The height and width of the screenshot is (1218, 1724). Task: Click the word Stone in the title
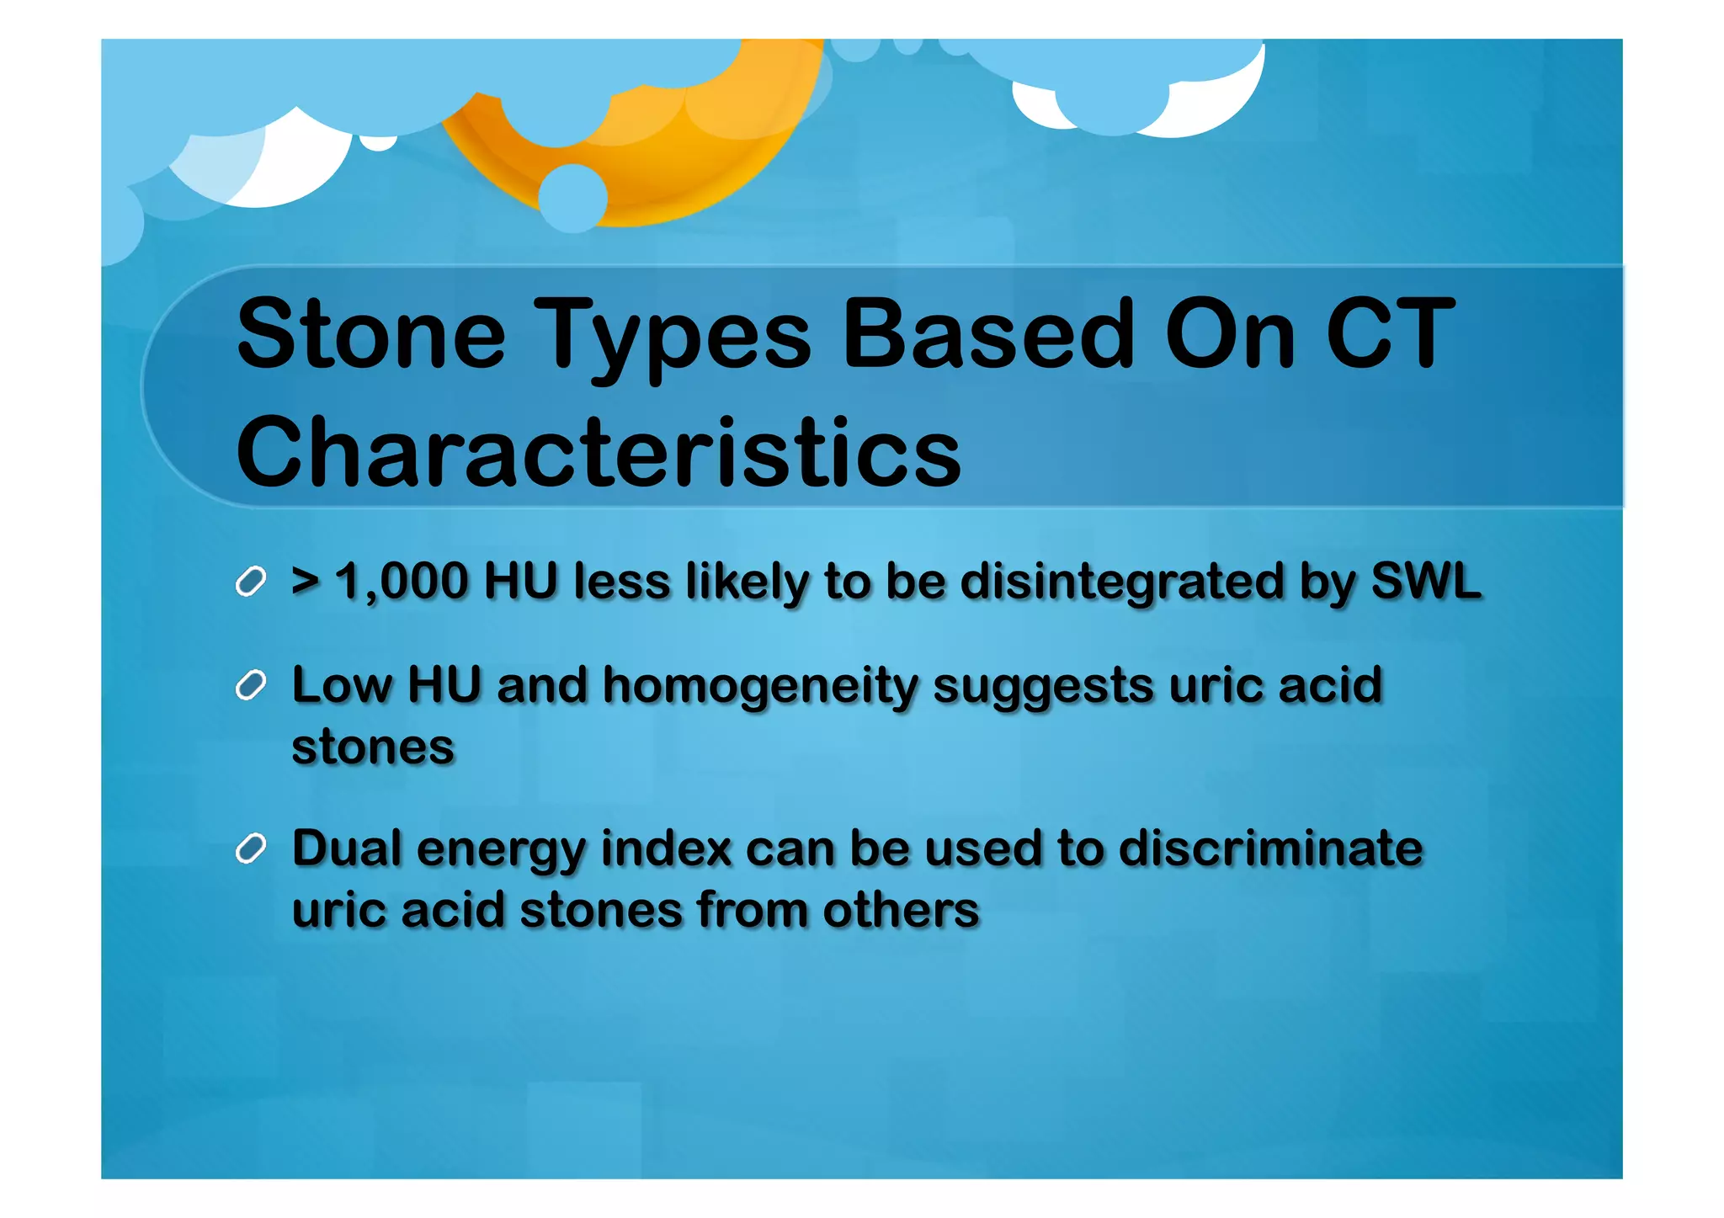pyautogui.click(x=370, y=334)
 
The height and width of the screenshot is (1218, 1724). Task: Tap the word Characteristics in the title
pyautogui.click(x=598, y=452)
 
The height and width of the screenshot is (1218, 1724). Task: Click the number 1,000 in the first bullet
pyautogui.click(x=402, y=582)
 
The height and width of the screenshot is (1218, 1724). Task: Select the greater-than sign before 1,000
pyautogui.click(x=305, y=582)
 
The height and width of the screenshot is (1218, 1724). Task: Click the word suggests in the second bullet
pyautogui.click(x=1043, y=687)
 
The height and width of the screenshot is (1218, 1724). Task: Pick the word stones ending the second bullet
pyautogui.click(x=372, y=747)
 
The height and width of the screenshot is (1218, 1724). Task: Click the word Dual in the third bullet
pyautogui.click(x=347, y=848)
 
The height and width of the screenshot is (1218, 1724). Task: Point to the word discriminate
pyautogui.click(x=1270, y=848)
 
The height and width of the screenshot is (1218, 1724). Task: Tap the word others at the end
pyautogui.click(x=901, y=910)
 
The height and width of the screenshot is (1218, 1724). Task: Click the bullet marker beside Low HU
pyautogui.click(x=251, y=685)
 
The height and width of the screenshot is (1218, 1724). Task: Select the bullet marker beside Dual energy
pyautogui.click(x=251, y=848)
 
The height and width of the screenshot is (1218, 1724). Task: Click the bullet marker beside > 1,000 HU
pyautogui.click(x=251, y=582)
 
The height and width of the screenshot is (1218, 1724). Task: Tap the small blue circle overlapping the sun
pyautogui.click(x=572, y=198)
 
